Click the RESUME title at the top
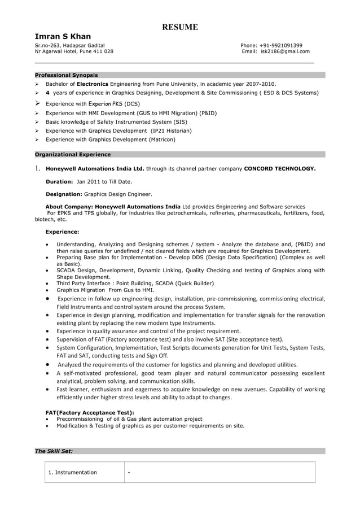click(180, 27)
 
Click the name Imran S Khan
click(63, 37)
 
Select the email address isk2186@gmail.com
click(285, 51)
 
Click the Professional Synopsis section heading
click(66, 75)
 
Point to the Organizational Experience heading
click(73, 154)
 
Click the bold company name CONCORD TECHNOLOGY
click(280, 168)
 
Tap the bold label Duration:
click(59, 182)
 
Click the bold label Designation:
click(64, 194)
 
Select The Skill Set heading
click(54, 451)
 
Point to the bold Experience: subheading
click(62, 232)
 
